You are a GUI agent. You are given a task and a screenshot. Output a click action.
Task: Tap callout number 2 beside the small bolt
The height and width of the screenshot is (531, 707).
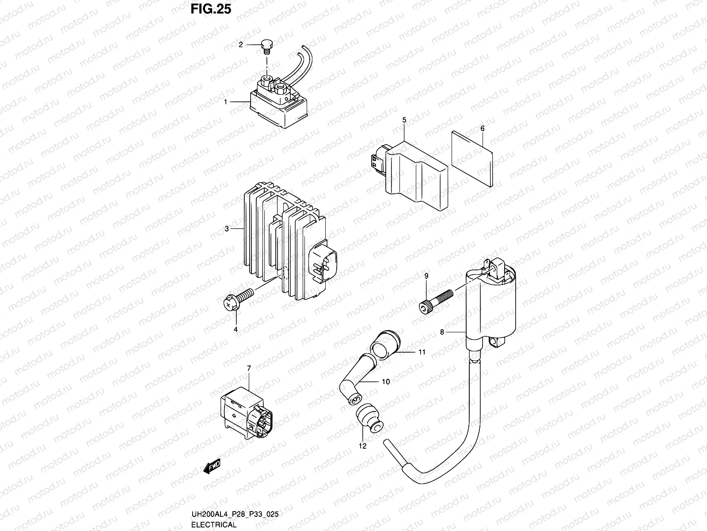(x=241, y=45)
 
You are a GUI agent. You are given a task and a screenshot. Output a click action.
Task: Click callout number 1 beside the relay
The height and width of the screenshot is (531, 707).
(x=226, y=102)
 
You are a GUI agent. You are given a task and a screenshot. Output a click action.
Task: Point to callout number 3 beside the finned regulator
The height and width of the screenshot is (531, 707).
(x=227, y=229)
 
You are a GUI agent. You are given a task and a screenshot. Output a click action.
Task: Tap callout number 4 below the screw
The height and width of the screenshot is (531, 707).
(x=236, y=329)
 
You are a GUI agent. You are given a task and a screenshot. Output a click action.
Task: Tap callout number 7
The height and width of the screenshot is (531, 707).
(x=249, y=368)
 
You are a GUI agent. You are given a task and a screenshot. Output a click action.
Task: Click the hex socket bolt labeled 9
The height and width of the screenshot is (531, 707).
(x=435, y=300)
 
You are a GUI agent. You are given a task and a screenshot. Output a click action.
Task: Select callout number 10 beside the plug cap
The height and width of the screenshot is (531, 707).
(x=385, y=381)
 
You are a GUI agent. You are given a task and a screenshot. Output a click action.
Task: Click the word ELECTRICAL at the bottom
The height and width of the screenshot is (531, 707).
(x=214, y=525)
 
